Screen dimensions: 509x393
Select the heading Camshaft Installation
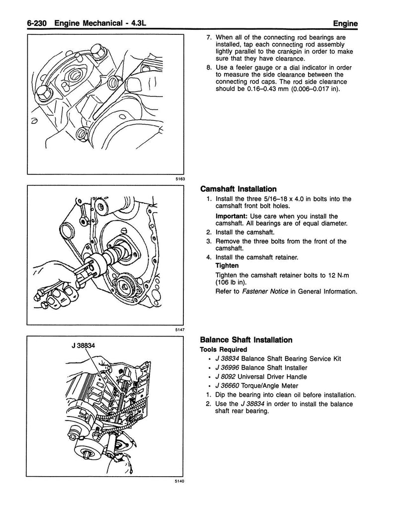(x=238, y=189)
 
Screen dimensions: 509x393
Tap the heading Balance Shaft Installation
(x=245, y=340)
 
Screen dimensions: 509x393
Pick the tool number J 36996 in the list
(x=227, y=367)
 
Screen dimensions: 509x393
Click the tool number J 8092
(x=225, y=376)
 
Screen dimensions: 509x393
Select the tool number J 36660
(x=227, y=385)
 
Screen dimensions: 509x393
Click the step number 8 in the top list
(x=209, y=68)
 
